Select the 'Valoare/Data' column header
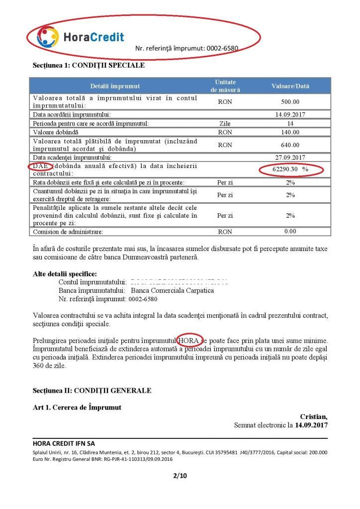click(x=290, y=86)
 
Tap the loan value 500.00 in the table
click(x=290, y=102)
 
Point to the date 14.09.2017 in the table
click(x=290, y=115)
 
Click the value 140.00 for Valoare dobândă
click(x=290, y=132)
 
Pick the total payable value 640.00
click(x=290, y=145)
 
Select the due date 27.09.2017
click(x=290, y=158)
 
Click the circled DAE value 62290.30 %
click(x=291, y=170)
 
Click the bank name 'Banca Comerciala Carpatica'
click(x=172, y=291)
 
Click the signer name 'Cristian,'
click(x=314, y=416)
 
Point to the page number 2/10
click(x=179, y=476)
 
